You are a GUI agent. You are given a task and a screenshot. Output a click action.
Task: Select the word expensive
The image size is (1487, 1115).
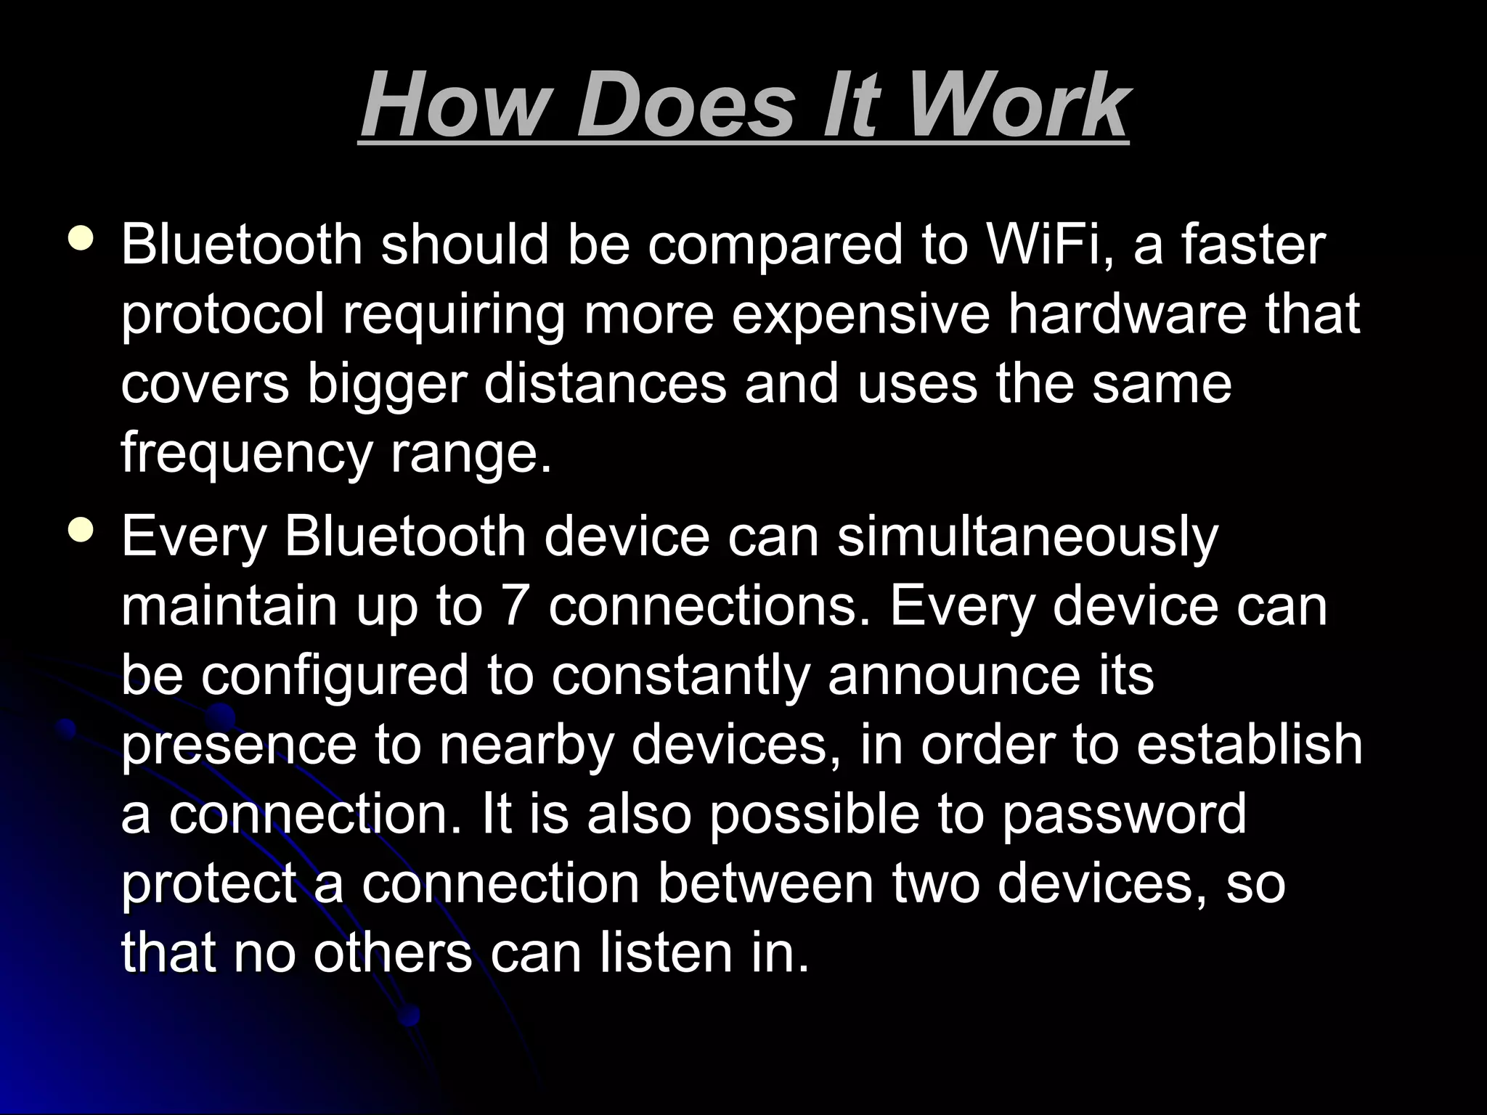tap(860, 315)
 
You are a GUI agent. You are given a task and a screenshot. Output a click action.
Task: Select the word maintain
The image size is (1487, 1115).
tap(229, 606)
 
